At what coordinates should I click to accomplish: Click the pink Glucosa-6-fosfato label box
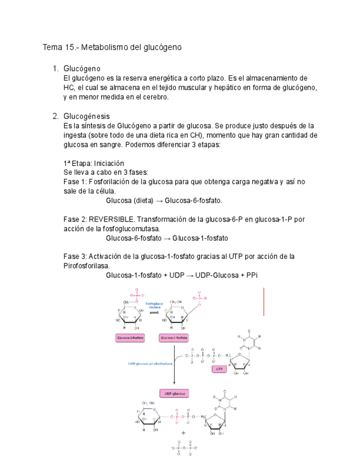point(130,339)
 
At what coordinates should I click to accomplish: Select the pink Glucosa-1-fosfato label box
point(174,339)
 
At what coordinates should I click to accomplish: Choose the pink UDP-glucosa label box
point(174,393)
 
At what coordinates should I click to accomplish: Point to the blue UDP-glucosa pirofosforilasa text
point(150,364)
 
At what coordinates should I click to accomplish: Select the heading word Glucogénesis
point(86,116)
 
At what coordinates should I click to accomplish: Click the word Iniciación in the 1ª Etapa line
point(109,163)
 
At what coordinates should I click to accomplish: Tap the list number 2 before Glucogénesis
point(55,116)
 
